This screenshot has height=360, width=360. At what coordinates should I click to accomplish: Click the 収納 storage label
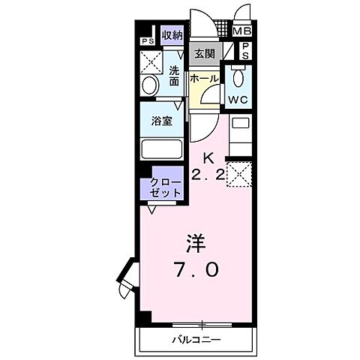coord(172,35)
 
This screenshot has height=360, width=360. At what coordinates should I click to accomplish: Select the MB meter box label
coord(241,31)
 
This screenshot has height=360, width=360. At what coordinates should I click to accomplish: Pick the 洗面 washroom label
coord(174,76)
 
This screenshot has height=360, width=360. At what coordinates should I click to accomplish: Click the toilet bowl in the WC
coord(238,78)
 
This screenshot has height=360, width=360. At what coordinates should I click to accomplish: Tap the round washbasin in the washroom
coord(149,85)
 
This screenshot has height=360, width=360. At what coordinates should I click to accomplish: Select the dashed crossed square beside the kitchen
coord(239,174)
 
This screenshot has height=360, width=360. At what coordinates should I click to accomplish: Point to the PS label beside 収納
coord(145,41)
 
